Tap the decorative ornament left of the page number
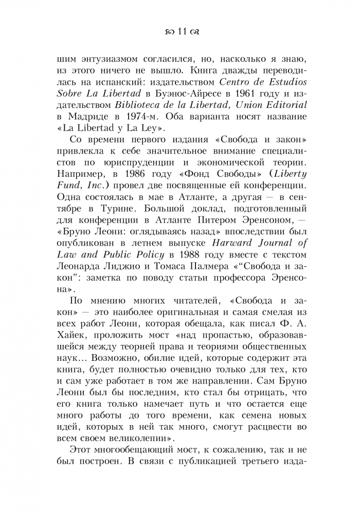[x=167, y=32]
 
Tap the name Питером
[x=218, y=233]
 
